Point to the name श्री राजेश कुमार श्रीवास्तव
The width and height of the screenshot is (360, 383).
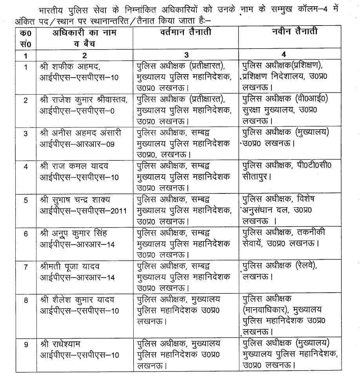[x=84, y=99]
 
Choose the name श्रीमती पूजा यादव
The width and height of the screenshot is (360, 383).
[x=70, y=266]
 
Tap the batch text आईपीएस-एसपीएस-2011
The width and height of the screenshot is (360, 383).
[x=83, y=210]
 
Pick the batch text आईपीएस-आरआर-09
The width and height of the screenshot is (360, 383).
[x=77, y=144]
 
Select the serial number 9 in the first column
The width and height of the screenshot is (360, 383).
[x=26, y=345]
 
